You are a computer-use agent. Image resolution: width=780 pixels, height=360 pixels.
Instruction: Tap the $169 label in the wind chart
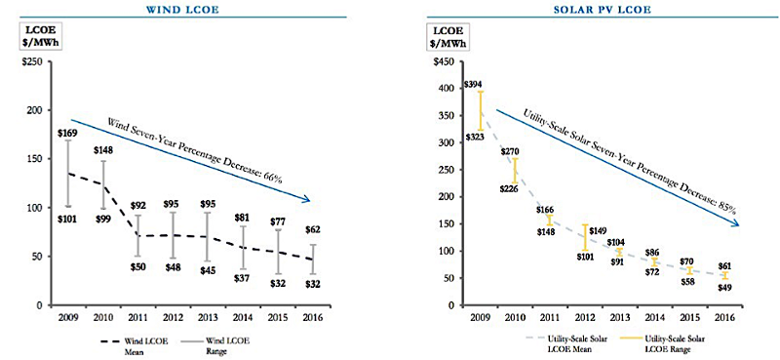[67, 133]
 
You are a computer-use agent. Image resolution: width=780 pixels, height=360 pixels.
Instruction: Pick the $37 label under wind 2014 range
[242, 278]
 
